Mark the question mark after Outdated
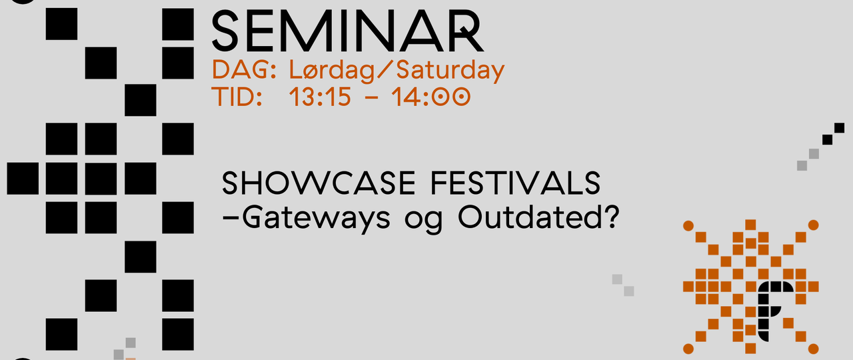tap(606, 217)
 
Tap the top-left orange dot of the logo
tap(688, 225)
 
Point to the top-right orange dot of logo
tap(813, 225)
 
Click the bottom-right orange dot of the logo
tap(813, 349)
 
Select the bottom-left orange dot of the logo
tap(688, 349)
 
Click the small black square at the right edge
tap(839, 127)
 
